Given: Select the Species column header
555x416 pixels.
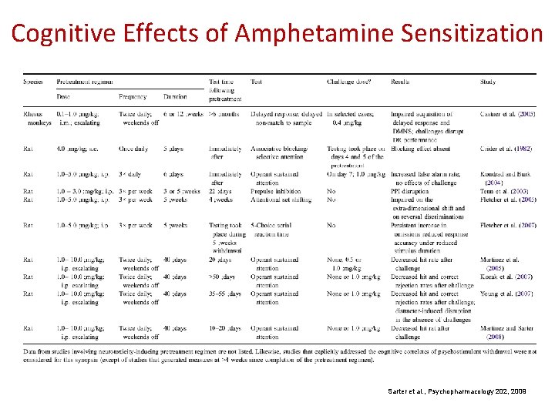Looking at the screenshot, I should point(33,82).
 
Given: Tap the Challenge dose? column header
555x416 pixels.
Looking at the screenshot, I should point(349,82).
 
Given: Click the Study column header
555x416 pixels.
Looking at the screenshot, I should point(488,82).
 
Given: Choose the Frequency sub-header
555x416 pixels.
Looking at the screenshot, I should point(133,96).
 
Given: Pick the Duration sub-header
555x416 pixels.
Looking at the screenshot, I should point(174,96).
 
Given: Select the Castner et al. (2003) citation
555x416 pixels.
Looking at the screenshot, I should point(507,114).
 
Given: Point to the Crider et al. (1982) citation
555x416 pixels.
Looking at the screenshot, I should point(506,148).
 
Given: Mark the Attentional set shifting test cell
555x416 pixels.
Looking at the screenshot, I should point(281,200).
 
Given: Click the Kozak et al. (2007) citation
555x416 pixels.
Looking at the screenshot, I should point(506,277).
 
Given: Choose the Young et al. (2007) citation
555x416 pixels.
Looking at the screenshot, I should point(506,294).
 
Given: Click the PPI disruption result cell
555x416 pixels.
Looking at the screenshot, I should point(414,191).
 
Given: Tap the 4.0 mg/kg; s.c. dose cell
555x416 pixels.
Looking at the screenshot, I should point(78,148).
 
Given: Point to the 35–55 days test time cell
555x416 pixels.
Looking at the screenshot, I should point(225,294).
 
